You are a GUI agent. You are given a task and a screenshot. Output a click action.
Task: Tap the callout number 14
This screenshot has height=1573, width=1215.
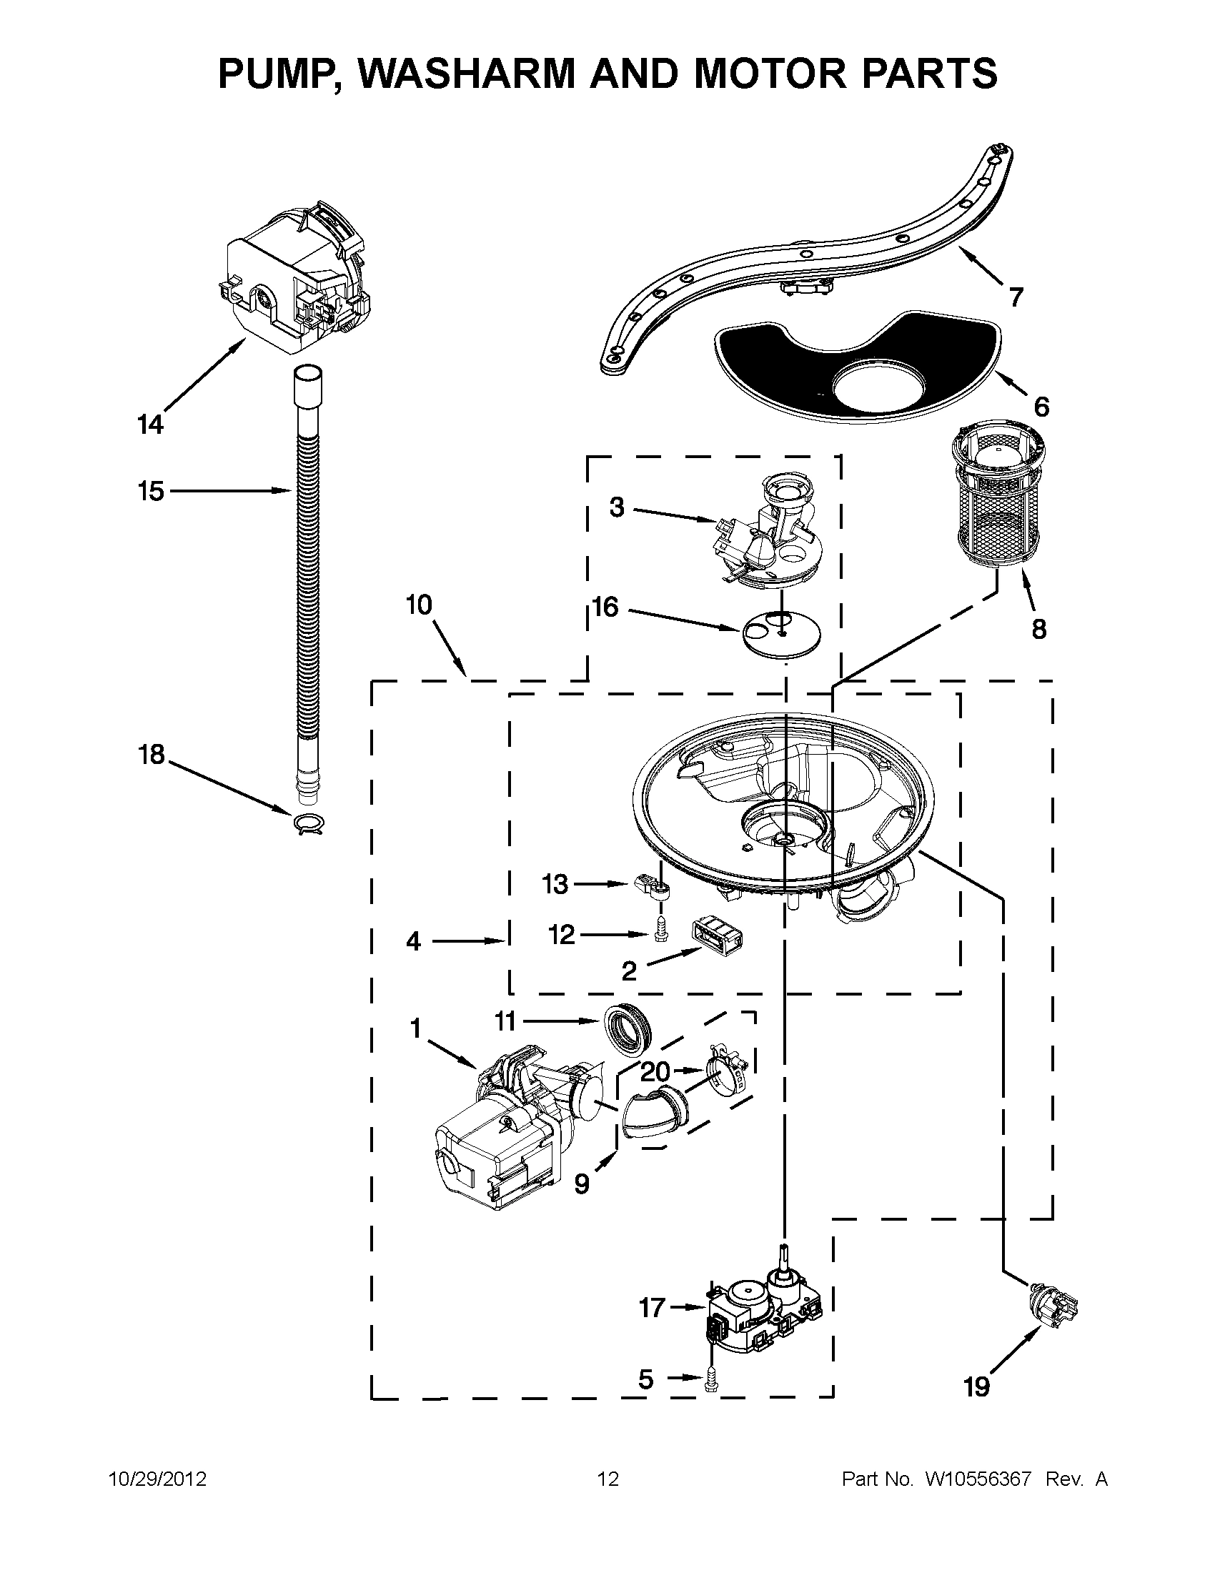(x=151, y=425)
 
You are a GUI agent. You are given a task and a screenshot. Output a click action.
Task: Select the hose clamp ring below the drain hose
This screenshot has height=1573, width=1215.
(x=309, y=823)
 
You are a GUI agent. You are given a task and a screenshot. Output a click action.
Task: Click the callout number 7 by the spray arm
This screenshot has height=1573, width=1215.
(x=1015, y=297)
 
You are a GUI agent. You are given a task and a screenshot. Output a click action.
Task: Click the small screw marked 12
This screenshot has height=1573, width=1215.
(x=660, y=934)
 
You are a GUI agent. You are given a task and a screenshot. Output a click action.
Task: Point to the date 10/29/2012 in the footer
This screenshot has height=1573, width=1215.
(x=157, y=1479)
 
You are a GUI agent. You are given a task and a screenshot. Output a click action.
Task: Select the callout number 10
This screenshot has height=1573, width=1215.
(x=418, y=605)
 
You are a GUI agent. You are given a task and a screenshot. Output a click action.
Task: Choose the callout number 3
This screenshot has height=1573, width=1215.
(x=617, y=507)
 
